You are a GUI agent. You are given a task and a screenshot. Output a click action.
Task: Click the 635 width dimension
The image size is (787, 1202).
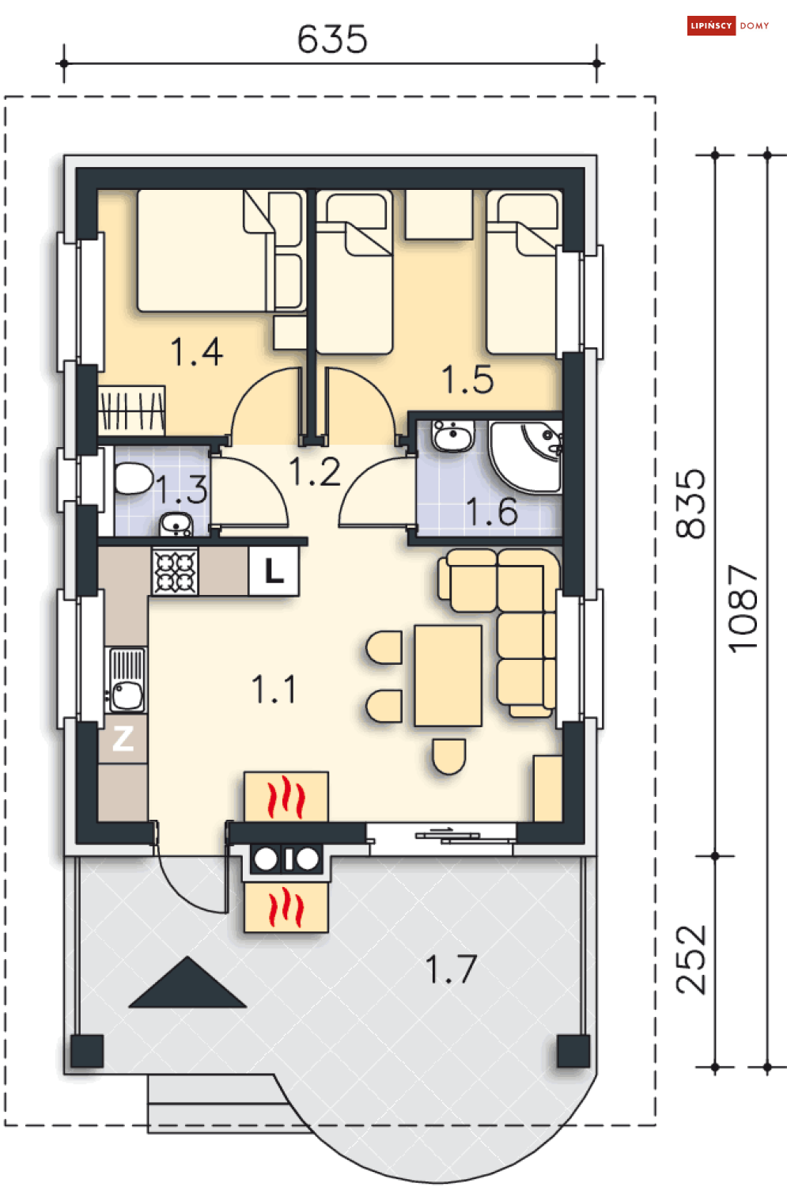(x=332, y=39)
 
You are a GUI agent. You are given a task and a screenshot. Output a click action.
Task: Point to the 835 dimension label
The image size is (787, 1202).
(x=691, y=504)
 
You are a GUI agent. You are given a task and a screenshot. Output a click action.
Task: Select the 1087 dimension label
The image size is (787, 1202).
(x=743, y=609)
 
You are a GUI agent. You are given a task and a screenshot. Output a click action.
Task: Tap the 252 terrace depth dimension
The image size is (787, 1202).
(x=691, y=960)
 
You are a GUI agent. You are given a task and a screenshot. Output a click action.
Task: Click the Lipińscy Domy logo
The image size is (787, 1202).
(x=728, y=26)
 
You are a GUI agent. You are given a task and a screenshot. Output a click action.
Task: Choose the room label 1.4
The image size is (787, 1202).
(x=196, y=352)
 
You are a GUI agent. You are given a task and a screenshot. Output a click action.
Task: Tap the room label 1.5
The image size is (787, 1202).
(x=467, y=379)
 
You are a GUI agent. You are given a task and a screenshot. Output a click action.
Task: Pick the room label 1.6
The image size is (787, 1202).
(x=491, y=511)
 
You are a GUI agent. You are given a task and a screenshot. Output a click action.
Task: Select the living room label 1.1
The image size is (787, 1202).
(x=274, y=689)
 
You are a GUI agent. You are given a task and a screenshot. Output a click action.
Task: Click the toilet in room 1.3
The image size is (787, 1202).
(x=133, y=479)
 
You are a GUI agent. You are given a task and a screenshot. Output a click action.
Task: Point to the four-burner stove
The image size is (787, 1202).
(x=175, y=571)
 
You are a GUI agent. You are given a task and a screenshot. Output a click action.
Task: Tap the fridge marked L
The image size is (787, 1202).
(x=274, y=571)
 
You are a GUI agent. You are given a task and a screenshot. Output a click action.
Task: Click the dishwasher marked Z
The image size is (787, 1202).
(x=123, y=738)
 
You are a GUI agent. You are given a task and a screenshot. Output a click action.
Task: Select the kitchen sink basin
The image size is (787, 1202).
(x=127, y=696)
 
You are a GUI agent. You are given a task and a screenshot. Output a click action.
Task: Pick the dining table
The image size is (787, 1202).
(x=448, y=676)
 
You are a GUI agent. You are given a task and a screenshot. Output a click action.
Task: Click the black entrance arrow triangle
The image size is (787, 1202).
(x=187, y=982)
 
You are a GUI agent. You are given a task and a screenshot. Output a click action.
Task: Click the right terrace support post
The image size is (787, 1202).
(x=573, y=1051)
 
